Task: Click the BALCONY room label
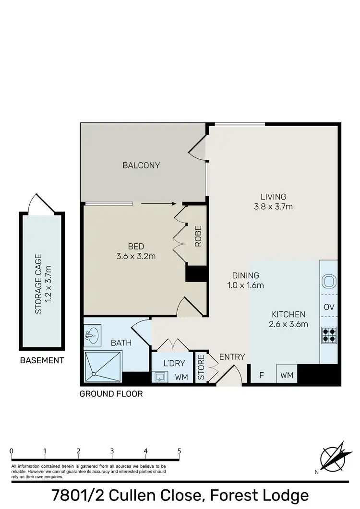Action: [141, 166]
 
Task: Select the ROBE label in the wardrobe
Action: [198, 236]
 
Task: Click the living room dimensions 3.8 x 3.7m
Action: [273, 207]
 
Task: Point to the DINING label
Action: [245, 275]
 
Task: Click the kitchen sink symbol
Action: [329, 281]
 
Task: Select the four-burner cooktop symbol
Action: [329, 334]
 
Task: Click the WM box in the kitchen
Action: [287, 374]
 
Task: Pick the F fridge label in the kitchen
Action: [262, 374]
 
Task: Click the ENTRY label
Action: [232, 357]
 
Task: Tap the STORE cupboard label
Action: [201, 368]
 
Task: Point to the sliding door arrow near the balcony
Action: [158, 203]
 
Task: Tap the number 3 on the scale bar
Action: [112, 451]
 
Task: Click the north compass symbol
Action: [332, 457]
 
